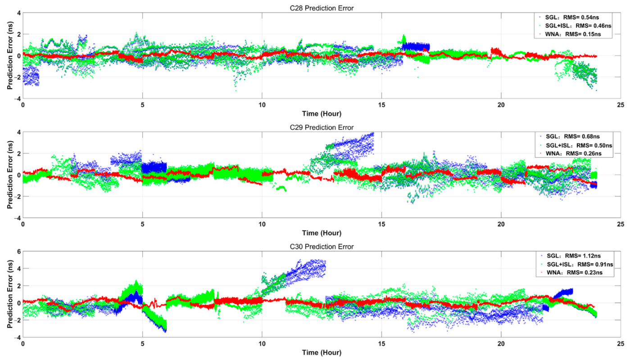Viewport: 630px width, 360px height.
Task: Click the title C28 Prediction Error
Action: [x=322, y=8]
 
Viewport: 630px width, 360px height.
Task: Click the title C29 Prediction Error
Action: [x=322, y=127]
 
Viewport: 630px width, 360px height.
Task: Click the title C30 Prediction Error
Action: [x=322, y=247]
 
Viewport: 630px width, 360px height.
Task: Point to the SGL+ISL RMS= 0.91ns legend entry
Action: [x=576, y=265]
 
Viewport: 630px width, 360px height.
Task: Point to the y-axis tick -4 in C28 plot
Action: [x=16, y=99]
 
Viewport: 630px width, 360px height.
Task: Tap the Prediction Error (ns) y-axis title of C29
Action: [x=9, y=175]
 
